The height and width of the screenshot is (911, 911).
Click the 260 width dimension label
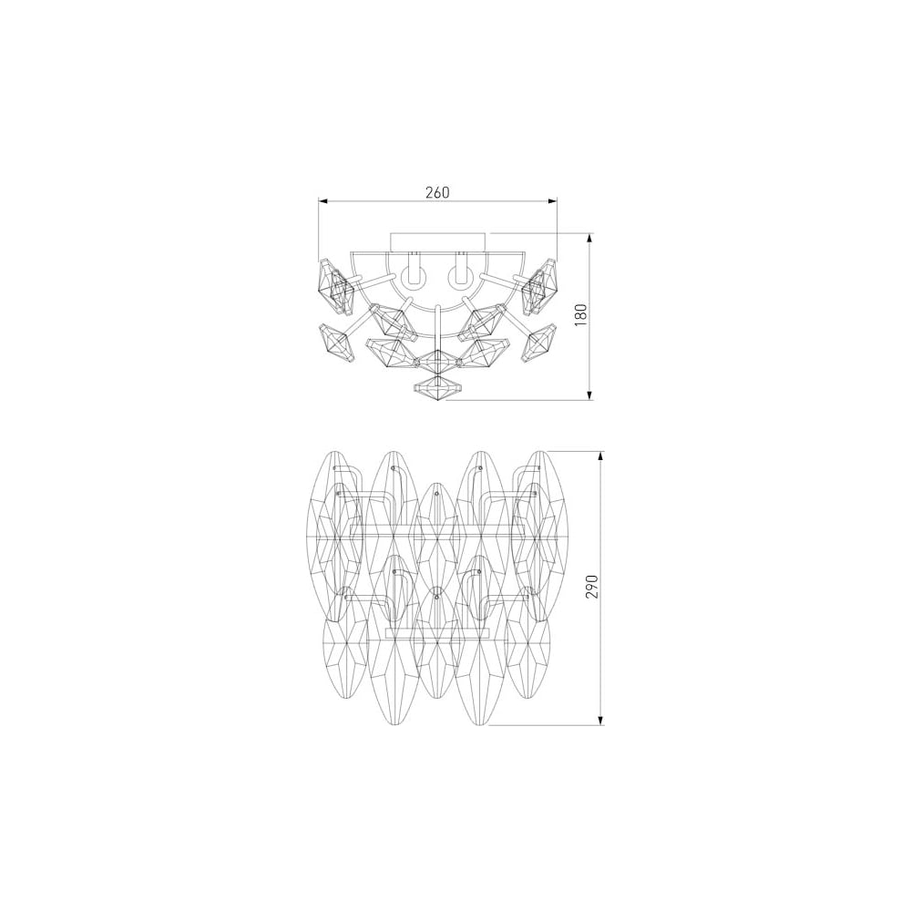[x=437, y=192]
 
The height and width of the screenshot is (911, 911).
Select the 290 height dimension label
[x=592, y=588]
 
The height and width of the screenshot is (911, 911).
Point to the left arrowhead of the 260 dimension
[x=323, y=201]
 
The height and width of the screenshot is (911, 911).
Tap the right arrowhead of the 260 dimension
[x=552, y=201]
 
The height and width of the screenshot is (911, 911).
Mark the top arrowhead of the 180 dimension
[x=590, y=238]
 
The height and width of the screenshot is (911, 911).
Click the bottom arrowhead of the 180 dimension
[x=590, y=395]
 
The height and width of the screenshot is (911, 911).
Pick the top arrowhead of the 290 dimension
[x=601, y=456]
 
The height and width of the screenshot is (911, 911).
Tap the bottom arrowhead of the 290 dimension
[x=601, y=720]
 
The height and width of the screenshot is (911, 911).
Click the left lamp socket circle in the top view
[x=416, y=278]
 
